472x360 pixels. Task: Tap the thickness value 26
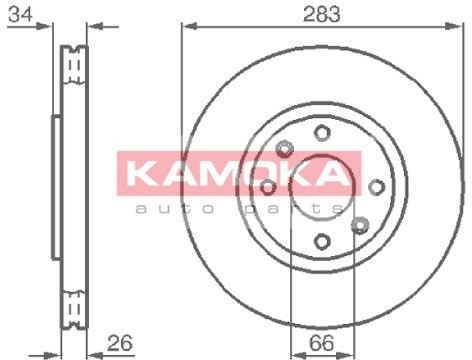(120, 343)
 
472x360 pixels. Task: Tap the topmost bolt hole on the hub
(321, 132)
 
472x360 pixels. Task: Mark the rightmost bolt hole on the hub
(376, 186)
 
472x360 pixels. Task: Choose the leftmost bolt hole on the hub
(268, 186)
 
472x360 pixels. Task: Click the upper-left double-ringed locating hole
(284, 148)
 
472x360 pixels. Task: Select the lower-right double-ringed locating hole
(360, 224)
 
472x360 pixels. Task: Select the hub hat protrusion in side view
(56, 186)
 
